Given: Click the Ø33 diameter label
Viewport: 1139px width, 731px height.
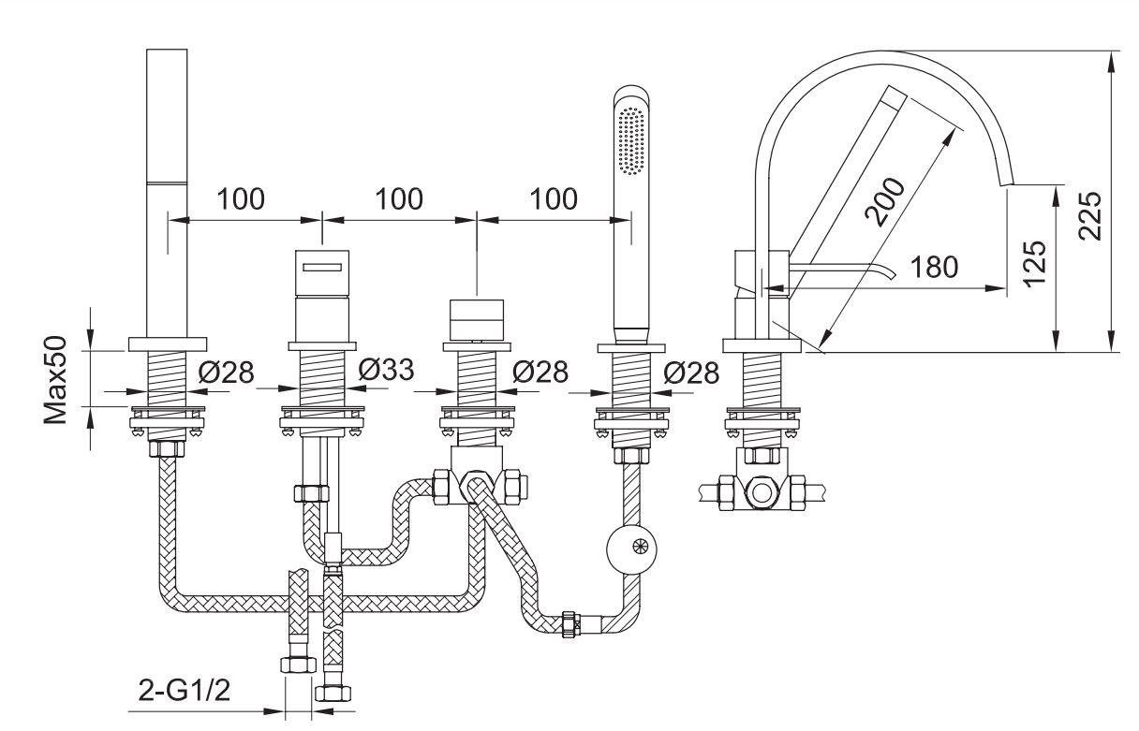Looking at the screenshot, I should pos(386,371).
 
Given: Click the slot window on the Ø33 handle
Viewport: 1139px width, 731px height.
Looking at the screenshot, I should pos(321,268).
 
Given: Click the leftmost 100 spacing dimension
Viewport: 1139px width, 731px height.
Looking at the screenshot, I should pos(242,199).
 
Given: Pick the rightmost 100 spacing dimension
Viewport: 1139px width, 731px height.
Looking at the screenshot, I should pos(554,199).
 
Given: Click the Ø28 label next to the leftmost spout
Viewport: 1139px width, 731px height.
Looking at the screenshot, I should pos(226,372).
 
